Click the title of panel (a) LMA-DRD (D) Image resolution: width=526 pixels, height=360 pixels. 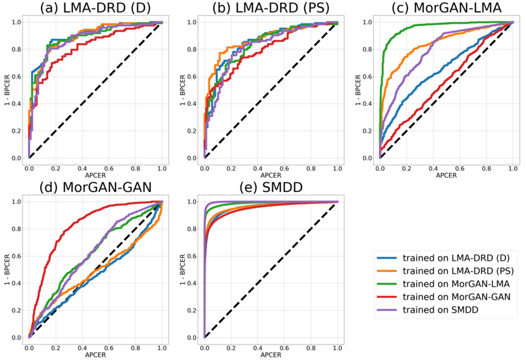tap(95, 8)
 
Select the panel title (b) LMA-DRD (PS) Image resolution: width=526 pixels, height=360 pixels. tap(270, 8)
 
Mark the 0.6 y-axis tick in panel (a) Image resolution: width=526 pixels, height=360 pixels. tap(19, 76)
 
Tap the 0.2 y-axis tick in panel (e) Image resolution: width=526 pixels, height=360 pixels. tap(194, 310)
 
